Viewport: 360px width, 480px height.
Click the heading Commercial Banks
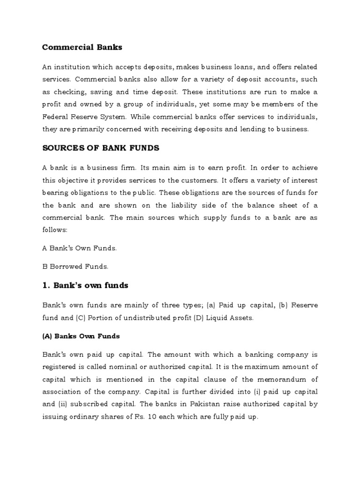click(x=82, y=47)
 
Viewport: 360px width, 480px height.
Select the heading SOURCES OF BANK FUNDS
click(x=101, y=148)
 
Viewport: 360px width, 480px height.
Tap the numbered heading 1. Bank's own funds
click(x=85, y=285)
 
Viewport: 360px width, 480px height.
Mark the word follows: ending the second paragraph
click(x=55, y=230)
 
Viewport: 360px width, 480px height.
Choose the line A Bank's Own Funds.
click(x=79, y=248)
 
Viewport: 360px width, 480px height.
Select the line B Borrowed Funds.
click(x=75, y=267)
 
